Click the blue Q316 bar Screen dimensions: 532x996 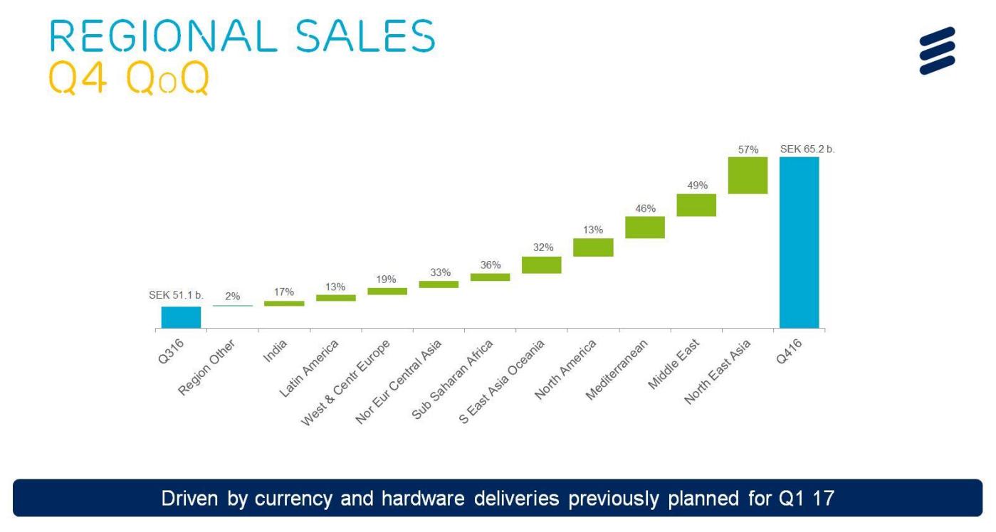point(181,317)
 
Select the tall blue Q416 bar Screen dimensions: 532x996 point(799,242)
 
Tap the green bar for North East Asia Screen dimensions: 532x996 point(748,175)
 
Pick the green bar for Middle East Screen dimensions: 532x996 point(696,205)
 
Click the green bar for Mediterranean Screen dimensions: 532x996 point(644,227)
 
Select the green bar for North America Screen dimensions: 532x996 point(593,247)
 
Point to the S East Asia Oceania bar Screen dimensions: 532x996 point(541,265)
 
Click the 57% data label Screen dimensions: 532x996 point(748,150)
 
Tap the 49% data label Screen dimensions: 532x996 point(697,186)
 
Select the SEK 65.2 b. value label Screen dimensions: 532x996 point(807,149)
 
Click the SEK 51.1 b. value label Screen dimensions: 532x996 point(176,295)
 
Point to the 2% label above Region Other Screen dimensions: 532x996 point(233,297)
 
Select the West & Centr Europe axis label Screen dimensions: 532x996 point(346,383)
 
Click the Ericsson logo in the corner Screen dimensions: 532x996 point(937,50)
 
